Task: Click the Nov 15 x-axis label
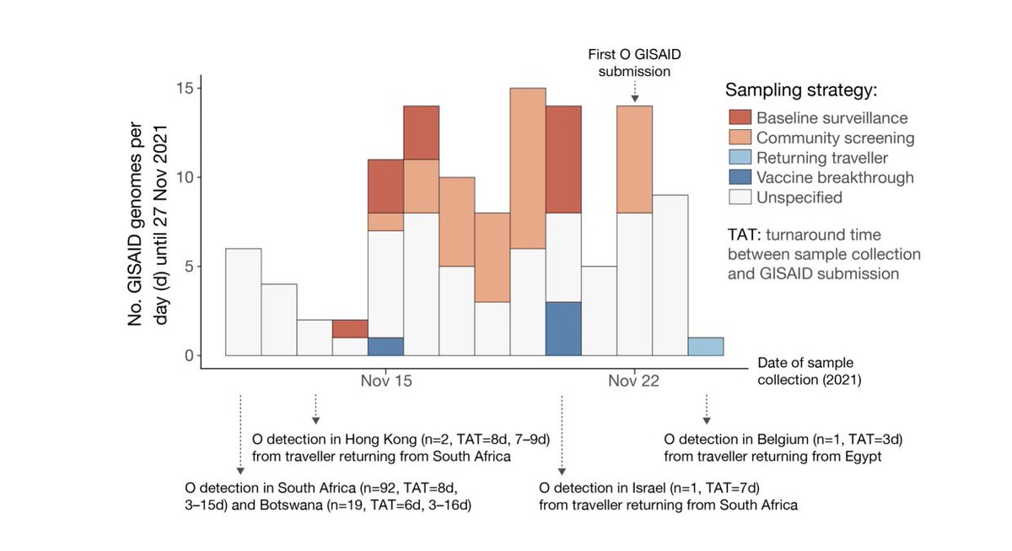pos(386,381)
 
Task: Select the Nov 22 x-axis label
pos(634,381)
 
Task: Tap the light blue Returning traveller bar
pos(706,347)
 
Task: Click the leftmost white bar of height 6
pos(244,302)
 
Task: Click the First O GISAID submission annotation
pos(634,63)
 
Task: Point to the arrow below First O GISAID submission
pos(634,92)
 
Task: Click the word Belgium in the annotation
pos(783,440)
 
